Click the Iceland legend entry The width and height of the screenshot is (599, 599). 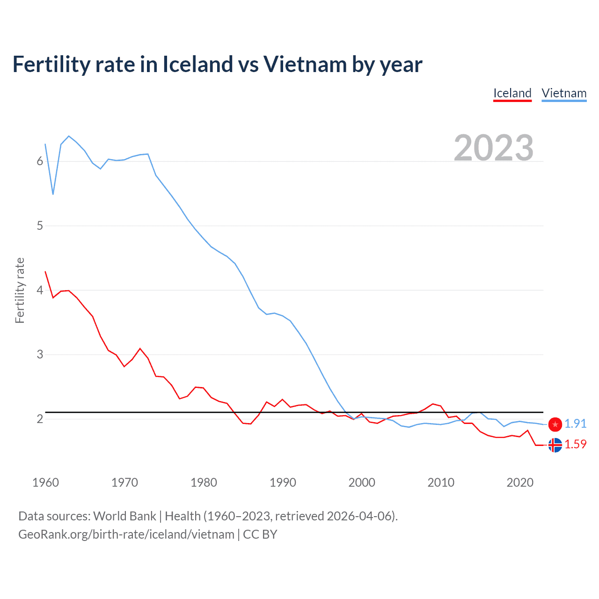[512, 93]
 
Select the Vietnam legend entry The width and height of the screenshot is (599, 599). [564, 93]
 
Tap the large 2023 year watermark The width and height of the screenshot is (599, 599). [494, 148]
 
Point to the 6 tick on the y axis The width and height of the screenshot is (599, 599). [40, 161]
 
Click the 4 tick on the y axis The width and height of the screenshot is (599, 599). [40, 290]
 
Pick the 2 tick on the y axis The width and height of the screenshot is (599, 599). [40, 419]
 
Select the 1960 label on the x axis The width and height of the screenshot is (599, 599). [45, 482]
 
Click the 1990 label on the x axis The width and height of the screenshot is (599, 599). [283, 482]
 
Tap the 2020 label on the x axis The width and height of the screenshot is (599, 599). [520, 482]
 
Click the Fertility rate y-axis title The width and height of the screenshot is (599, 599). [20, 290]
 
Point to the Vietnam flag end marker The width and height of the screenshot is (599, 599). [555, 424]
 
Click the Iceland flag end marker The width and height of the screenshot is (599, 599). [555, 445]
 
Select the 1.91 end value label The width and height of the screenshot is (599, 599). [575, 424]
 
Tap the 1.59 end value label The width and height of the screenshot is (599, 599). [575, 444]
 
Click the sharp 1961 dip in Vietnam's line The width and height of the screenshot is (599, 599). [53, 194]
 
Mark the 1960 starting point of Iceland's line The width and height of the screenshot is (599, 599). [45, 271]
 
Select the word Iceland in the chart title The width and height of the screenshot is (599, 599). [197, 64]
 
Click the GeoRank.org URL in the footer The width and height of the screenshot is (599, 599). [126, 534]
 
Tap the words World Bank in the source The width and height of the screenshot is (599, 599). [124, 516]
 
